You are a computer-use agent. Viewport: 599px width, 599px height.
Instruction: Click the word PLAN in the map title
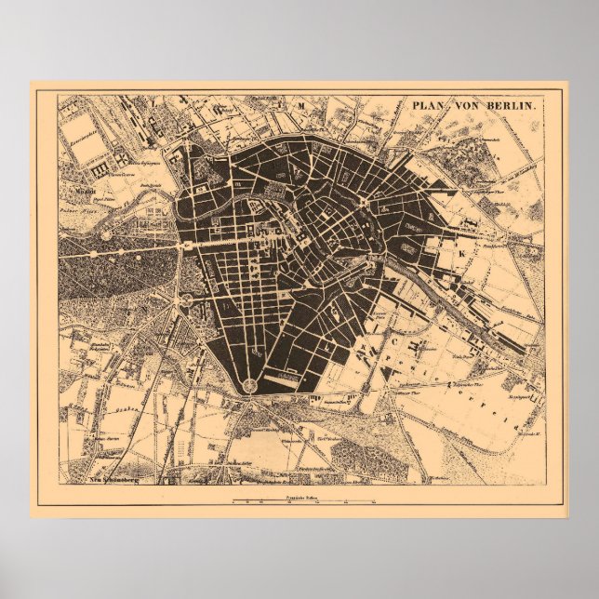coord(430,106)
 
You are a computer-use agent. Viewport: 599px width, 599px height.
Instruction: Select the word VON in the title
coord(469,106)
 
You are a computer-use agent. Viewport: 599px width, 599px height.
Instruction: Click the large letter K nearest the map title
coord(458,250)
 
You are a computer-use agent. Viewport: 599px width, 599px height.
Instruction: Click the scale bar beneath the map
coord(303,502)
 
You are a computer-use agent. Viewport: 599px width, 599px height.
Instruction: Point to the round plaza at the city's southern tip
coord(250,385)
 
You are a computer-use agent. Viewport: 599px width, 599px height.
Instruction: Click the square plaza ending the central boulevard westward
coord(186,245)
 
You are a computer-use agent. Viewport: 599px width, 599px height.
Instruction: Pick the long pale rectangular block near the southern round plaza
coord(289,376)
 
